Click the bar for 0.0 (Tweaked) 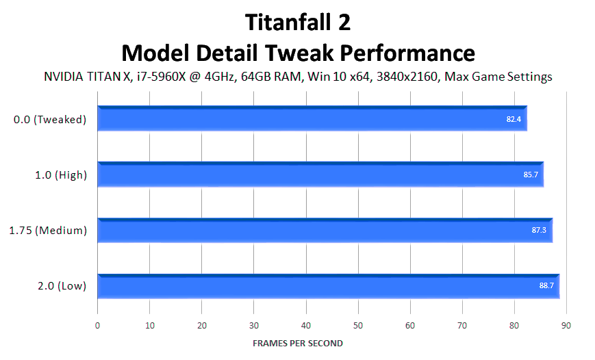coord(312,118)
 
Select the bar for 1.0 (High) coord(320,175)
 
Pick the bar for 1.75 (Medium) coord(325,230)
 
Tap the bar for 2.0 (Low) coord(329,286)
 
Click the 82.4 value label coord(514,119)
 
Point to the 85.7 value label coord(531,175)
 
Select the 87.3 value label coord(539,230)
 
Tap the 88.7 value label coord(546,285)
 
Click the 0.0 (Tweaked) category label coord(50,120)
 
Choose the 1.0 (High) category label coord(61,175)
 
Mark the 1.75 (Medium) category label coord(48,230)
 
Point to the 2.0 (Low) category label coord(62,285)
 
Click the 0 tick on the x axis coord(97,326)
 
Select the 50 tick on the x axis coord(358,326)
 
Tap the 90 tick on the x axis coord(566,326)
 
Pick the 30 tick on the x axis coord(254,326)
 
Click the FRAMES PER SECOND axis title coord(298,344)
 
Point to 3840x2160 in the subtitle coord(407,77)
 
